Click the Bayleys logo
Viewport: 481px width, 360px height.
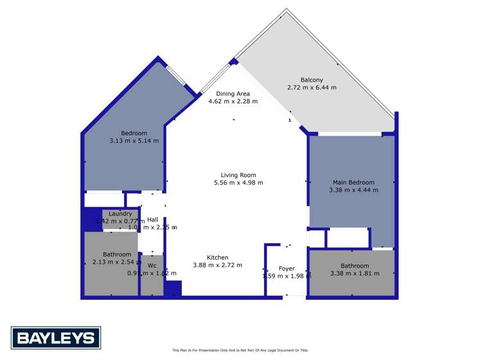pyautogui.click(x=56, y=338)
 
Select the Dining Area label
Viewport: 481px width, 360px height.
pyautogui.click(x=233, y=94)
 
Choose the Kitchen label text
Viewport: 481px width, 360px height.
pyautogui.click(x=218, y=257)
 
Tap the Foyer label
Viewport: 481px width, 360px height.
pyautogui.click(x=286, y=268)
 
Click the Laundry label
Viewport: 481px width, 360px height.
pyautogui.click(x=120, y=214)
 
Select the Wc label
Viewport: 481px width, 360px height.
pyautogui.click(x=152, y=265)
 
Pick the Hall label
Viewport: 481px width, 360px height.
pyautogui.click(x=152, y=219)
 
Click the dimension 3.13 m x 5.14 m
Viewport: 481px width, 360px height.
pyautogui.click(x=134, y=141)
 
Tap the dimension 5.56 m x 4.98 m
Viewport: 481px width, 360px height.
pyautogui.click(x=238, y=183)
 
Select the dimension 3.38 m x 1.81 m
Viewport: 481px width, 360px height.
pyautogui.click(x=354, y=273)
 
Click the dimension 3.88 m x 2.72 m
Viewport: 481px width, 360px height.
pyautogui.click(x=218, y=265)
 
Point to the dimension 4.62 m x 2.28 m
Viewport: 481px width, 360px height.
pyautogui.click(x=233, y=101)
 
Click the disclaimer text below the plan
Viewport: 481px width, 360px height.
pyautogui.click(x=240, y=350)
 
